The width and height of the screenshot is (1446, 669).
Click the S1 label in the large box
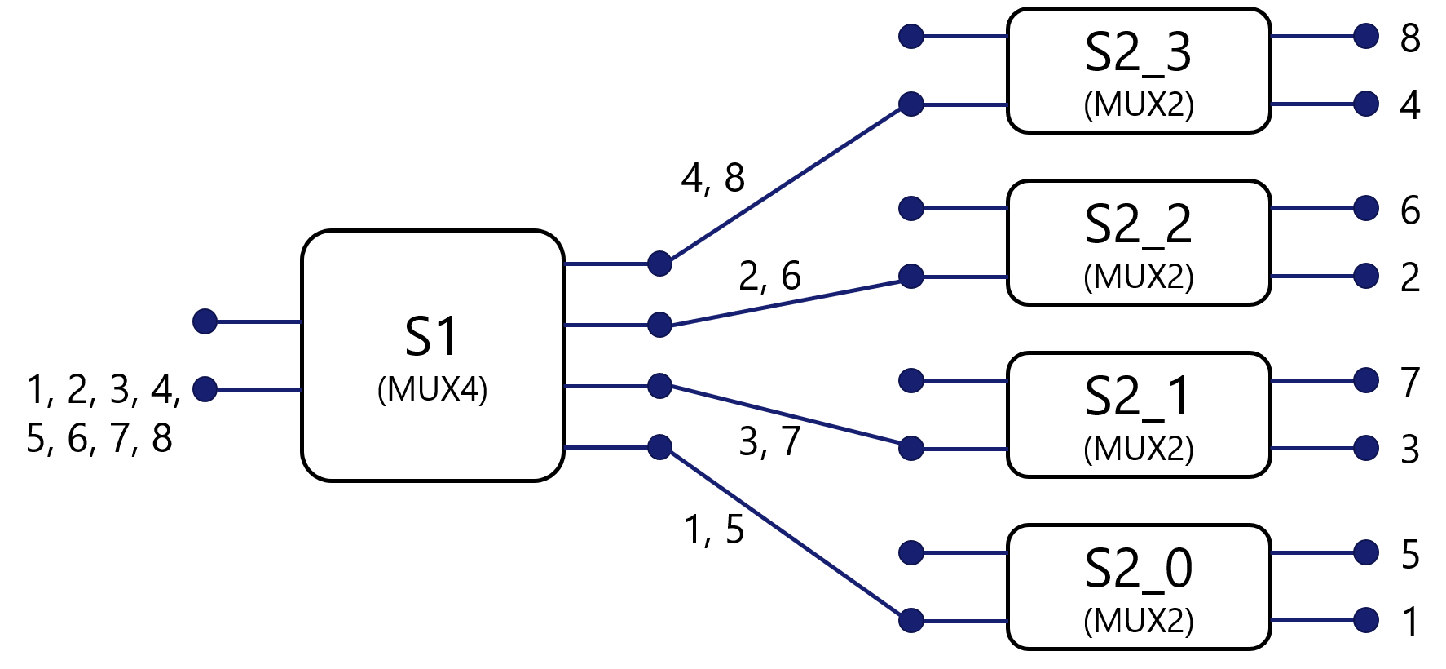pyautogui.click(x=432, y=336)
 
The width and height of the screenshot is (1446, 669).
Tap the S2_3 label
pyautogui.click(x=1138, y=52)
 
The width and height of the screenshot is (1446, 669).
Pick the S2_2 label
pyautogui.click(x=1138, y=224)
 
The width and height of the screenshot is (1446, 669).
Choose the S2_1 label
pyautogui.click(x=1138, y=397)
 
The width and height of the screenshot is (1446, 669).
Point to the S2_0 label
pyautogui.click(x=1138, y=569)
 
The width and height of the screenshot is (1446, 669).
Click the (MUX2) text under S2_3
pyautogui.click(x=1138, y=104)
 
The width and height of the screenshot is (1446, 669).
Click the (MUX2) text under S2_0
pyautogui.click(x=1138, y=621)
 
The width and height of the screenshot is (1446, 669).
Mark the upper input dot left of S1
pyautogui.click(x=205, y=321)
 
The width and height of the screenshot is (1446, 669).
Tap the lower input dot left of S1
pyautogui.click(x=205, y=389)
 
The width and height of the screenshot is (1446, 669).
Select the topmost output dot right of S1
pyautogui.click(x=659, y=264)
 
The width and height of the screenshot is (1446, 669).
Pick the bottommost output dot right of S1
pyautogui.click(x=659, y=447)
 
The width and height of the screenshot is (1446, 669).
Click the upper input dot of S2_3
pyautogui.click(x=911, y=36)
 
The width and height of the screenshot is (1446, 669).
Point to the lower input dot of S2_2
pyautogui.click(x=911, y=277)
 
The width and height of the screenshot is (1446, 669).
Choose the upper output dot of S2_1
pyautogui.click(x=1366, y=380)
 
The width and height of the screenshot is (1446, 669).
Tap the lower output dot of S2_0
pyautogui.click(x=1366, y=620)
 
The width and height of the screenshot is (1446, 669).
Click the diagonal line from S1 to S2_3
pyautogui.click(x=785, y=184)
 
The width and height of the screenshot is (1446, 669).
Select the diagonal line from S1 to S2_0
pyautogui.click(x=785, y=534)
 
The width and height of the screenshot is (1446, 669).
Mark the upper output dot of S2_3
pyautogui.click(x=1366, y=36)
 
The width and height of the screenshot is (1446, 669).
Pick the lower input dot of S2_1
pyautogui.click(x=911, y=448)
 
